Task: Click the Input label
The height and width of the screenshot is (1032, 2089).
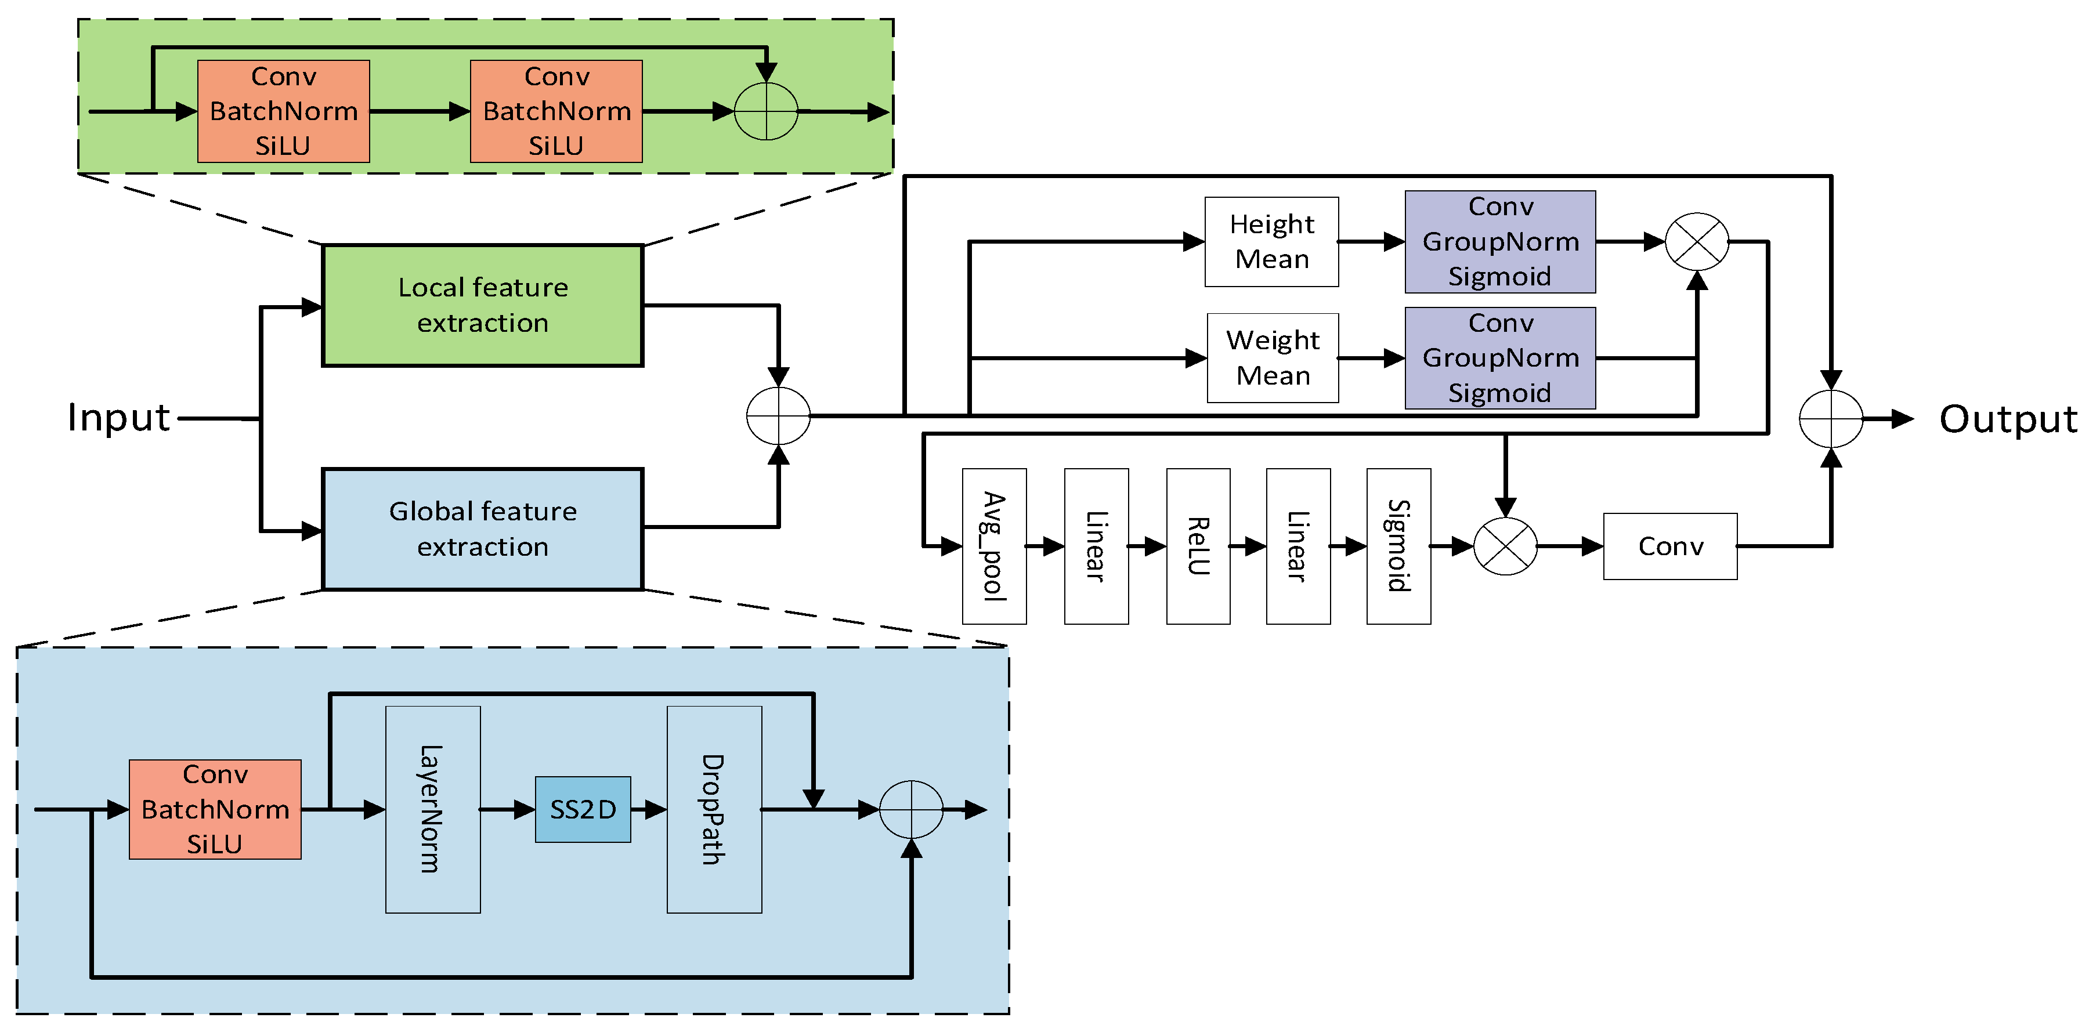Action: tap(118, 418)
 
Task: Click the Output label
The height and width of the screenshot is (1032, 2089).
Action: tap(2008, 419)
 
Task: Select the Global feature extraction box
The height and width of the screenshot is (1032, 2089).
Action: tap(483, 528)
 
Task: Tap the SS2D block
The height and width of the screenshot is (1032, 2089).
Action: tap(582, 809)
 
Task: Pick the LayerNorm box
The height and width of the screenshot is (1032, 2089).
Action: tap(432, 809)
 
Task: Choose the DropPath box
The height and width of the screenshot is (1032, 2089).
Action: tap(714, 809)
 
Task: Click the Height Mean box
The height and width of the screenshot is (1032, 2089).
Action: tap(1271, 241)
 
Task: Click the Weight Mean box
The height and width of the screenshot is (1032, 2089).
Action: tap(1273, 357)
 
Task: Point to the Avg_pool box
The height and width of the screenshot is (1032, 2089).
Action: tap(994, 546)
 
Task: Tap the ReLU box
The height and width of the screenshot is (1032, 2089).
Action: tap(1198, 546)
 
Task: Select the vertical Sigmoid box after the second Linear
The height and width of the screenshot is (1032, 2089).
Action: tap(1398, 546)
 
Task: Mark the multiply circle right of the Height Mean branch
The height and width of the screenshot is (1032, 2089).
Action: tap(1697, 241)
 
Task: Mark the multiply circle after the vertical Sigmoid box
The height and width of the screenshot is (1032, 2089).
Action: tap(1505, 546)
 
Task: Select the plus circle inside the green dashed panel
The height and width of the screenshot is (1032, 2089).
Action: tap(765, 111)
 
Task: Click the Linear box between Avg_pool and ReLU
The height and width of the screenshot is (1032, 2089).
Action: tap(1096, 546)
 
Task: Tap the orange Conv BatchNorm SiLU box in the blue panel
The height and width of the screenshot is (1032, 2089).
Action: tap(215, 809)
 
